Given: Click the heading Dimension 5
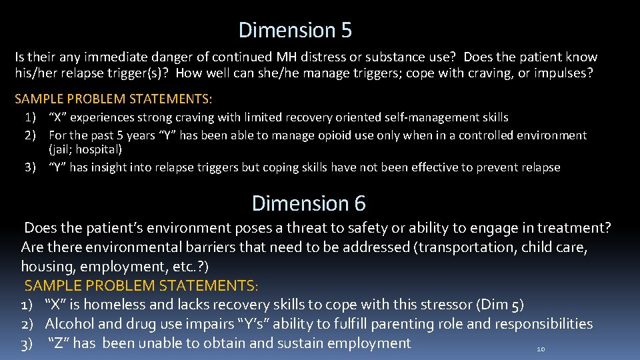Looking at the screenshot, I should [295, 30].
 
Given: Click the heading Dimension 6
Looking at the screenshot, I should [309, 203].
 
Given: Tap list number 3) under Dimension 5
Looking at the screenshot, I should [31, 167].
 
